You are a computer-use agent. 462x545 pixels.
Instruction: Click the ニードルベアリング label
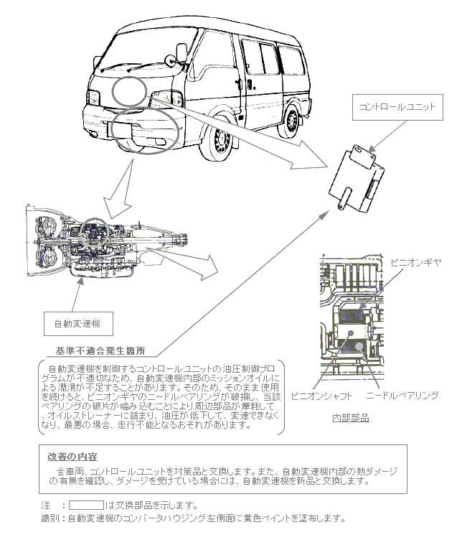pos(402,395)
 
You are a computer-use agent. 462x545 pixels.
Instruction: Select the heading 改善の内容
pos(72,456)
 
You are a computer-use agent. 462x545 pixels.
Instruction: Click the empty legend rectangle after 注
pos(86,505)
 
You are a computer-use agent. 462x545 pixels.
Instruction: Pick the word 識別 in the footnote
pos(51,518)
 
